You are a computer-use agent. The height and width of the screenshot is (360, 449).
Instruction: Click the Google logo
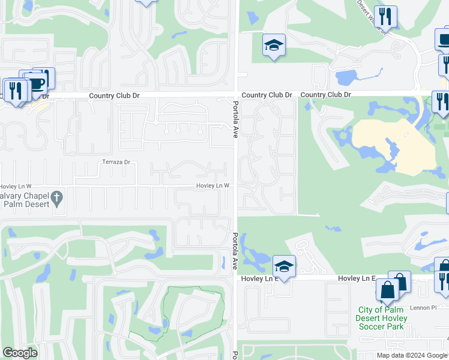(20, 353)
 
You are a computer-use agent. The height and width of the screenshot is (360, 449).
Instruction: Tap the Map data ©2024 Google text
(411, 355)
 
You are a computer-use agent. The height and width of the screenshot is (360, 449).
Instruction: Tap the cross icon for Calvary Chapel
(57, 197)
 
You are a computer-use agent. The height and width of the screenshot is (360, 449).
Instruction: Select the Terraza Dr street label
(116, 162)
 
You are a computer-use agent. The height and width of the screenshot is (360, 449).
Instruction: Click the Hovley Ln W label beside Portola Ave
(213, 186)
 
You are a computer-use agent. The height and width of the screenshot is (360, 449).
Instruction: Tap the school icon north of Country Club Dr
(274, 45)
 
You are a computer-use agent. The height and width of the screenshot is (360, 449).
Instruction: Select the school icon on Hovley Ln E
(284, 266)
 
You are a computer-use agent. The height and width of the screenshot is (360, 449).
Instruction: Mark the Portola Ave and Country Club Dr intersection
(236, 95)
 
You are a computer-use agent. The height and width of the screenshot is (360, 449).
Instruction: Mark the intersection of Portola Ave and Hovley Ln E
(236, 278)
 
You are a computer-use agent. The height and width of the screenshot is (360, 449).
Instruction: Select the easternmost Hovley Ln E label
(356, 278)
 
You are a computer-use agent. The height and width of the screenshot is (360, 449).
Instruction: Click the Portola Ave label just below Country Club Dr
(235, 121)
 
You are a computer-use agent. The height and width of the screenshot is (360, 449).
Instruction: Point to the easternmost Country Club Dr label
(325, 95)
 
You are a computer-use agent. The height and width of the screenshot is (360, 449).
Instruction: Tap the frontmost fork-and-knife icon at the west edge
(15, 91)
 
